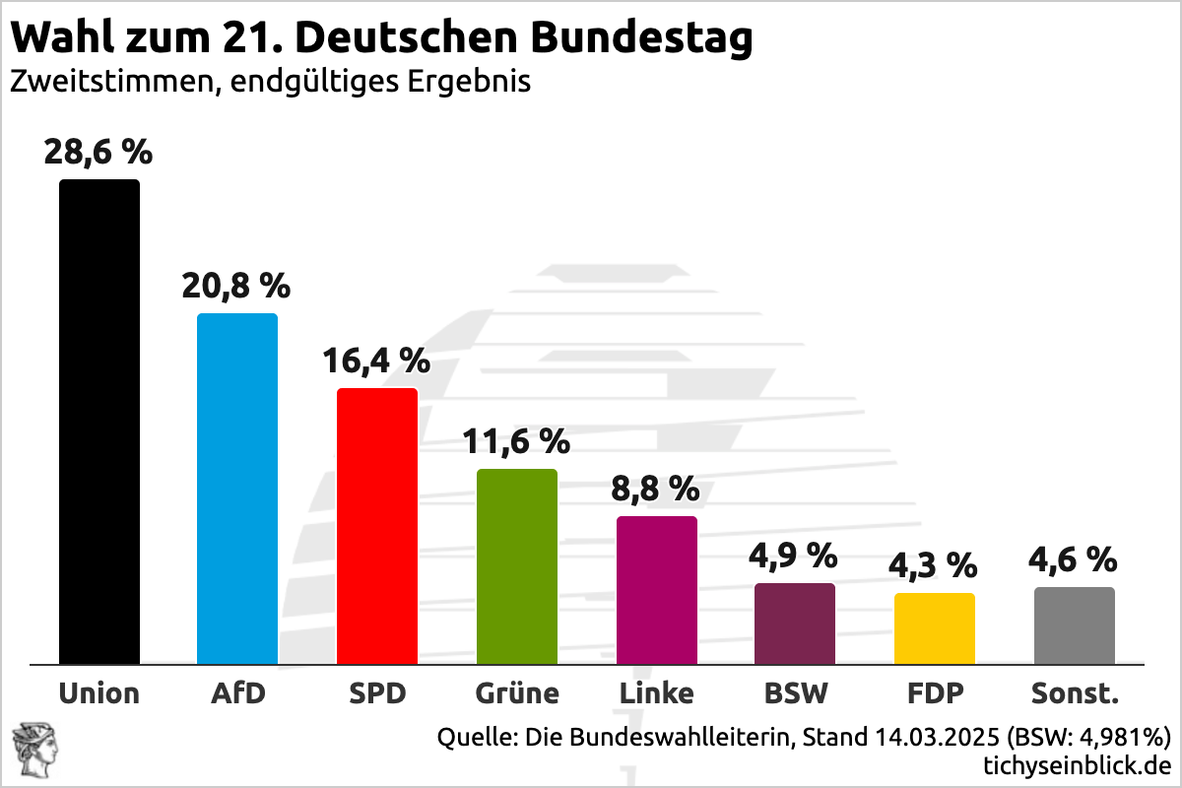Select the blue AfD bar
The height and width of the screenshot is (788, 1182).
pos(237,489)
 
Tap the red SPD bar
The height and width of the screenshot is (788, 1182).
pos(377,526)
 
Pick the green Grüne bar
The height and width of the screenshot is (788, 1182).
pos(517,566)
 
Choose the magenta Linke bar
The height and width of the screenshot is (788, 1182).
pos(657,590)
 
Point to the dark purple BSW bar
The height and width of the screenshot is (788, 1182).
pos(795,624)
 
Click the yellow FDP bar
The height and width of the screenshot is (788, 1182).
pos(935,628)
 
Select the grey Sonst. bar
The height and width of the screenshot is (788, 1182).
pos(1075,625)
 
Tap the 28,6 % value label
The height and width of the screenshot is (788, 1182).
pos(98,152)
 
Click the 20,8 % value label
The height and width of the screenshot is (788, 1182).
pos(236,286)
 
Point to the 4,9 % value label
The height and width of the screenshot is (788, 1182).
pos(794,556)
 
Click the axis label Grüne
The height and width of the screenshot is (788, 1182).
pos(517,693)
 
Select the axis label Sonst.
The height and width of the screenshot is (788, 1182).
pos(1075,693)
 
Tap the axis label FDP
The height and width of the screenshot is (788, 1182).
pos(935,693)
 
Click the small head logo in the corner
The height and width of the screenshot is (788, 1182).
pos(33,748)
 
